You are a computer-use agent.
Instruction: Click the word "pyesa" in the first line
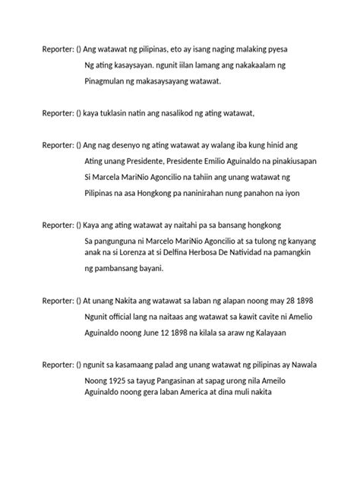coord(274,49)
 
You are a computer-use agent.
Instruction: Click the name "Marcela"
coord(113,177)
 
